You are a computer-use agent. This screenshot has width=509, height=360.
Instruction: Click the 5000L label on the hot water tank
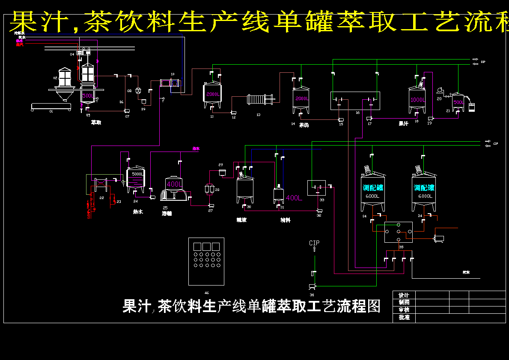click(137, 174)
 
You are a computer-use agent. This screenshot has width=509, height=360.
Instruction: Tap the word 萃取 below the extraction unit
click(96, 122)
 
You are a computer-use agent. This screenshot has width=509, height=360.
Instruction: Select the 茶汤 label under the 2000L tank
click(304, 125)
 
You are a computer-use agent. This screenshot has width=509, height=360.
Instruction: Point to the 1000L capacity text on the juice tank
click(417, 100)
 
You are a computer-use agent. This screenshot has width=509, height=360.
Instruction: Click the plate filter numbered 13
click(261, 100)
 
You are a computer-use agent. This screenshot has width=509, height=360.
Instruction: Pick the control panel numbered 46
click(206, 261)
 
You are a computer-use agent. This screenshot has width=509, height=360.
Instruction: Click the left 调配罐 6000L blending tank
click(373, 190)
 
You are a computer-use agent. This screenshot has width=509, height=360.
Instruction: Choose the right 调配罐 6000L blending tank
click(424, 190)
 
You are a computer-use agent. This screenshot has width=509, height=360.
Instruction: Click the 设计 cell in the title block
click(404, 295)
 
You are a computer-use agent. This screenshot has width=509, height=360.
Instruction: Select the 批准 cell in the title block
click(404, 318)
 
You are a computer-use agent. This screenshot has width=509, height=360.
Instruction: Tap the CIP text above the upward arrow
click(314, 243)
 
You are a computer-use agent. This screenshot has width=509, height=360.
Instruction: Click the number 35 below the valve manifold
click(401, 247)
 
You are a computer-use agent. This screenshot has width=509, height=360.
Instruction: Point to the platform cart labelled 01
click(51, 106)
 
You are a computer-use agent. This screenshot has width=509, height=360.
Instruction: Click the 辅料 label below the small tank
click(285, 220)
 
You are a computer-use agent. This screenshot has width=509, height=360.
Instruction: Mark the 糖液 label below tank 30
click(241, 220)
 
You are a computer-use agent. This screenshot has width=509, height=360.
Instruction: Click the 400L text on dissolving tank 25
click(174, 184)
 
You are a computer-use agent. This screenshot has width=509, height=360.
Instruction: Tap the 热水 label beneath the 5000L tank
click(138, 211)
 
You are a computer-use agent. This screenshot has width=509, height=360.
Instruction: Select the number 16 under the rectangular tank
click(357, 113)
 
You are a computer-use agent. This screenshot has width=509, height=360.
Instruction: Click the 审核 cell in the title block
click(404, 310)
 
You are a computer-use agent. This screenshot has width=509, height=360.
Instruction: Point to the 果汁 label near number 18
click(403, 123)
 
